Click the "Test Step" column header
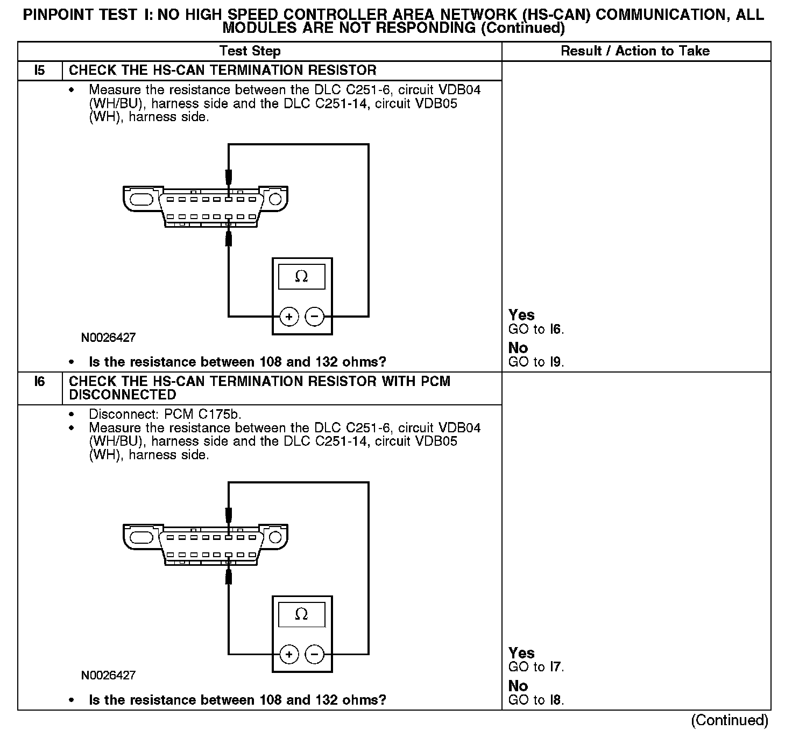tap(250, 51)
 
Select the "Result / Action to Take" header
tap(635, 51)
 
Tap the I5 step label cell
tap(40, 71)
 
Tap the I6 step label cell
tap(40, 382)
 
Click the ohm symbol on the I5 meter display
tap(301, 277)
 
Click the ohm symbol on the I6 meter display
tap(301, 614)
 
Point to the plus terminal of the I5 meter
tap(289, 317)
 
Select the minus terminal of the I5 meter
tap(315, 317)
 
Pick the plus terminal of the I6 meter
tap(289, 655)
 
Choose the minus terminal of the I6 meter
tap(315, 655)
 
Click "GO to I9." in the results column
tap(536, 362)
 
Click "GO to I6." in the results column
tap(536, 329)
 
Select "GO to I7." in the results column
tap(536, 667)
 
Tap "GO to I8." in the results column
tap(536, 700)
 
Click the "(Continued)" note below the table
tap(730, 720)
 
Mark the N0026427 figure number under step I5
tap(108, 338)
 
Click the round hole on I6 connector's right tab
tap(275, 537)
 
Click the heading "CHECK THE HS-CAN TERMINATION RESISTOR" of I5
tap(223, 71)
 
